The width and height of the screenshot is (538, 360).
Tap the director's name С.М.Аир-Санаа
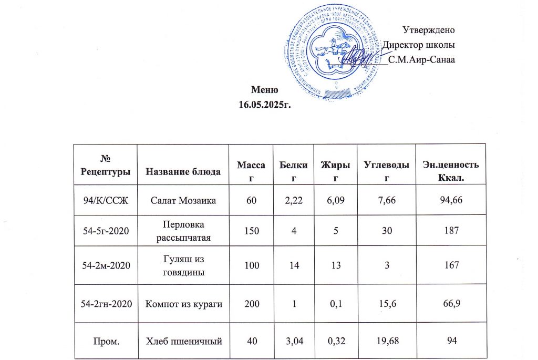421,59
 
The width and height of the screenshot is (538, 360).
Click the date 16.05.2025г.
265,105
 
